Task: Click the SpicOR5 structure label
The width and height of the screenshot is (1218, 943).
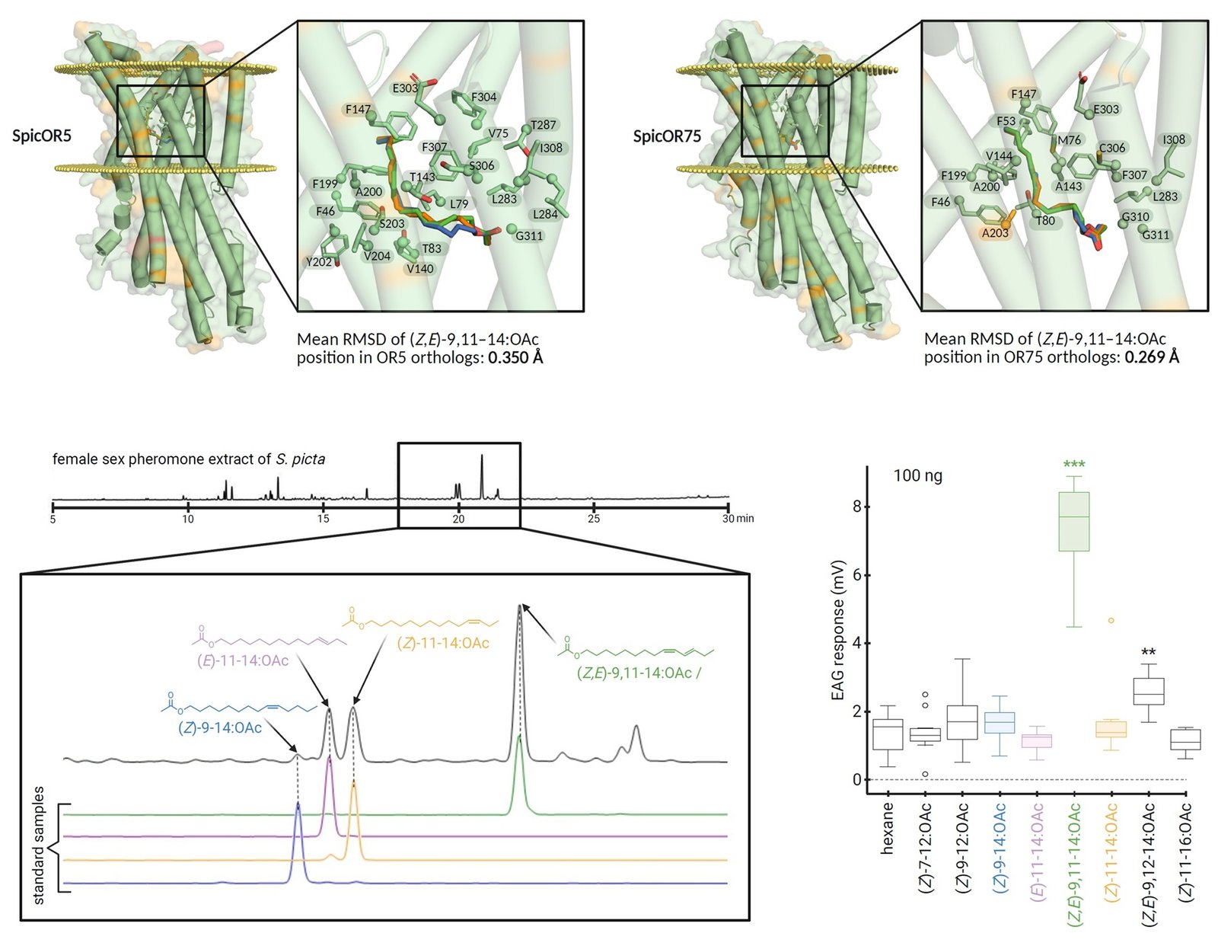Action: pos(41,136)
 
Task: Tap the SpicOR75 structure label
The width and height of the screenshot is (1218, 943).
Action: pos(667,136)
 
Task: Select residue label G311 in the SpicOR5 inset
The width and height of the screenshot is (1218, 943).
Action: pos(529,235)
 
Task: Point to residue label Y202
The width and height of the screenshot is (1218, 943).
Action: pos(319,261)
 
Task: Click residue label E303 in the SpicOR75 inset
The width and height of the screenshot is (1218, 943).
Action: pos(1106,110)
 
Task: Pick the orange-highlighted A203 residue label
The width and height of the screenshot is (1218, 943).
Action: pos(995,232)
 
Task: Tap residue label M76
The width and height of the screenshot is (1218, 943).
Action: pos(1070,139)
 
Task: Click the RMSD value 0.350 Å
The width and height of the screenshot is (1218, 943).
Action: pos(515,358)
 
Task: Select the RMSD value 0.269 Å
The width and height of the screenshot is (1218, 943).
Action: pos(1152,357)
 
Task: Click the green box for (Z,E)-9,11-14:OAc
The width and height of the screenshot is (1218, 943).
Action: pos(1074,522)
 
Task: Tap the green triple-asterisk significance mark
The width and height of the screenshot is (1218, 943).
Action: pos(1074,465)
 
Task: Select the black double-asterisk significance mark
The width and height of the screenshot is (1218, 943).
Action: pos(1149,652)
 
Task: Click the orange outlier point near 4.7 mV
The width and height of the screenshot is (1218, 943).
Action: pos(1111,621)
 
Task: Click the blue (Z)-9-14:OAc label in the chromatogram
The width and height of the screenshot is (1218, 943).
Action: pos(220,727)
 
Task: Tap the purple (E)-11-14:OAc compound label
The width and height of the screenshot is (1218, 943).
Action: pos(243,660)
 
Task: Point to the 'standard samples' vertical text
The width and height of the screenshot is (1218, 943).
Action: pos(39,846)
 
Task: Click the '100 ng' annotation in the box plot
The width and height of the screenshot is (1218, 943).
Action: pos(917,475)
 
